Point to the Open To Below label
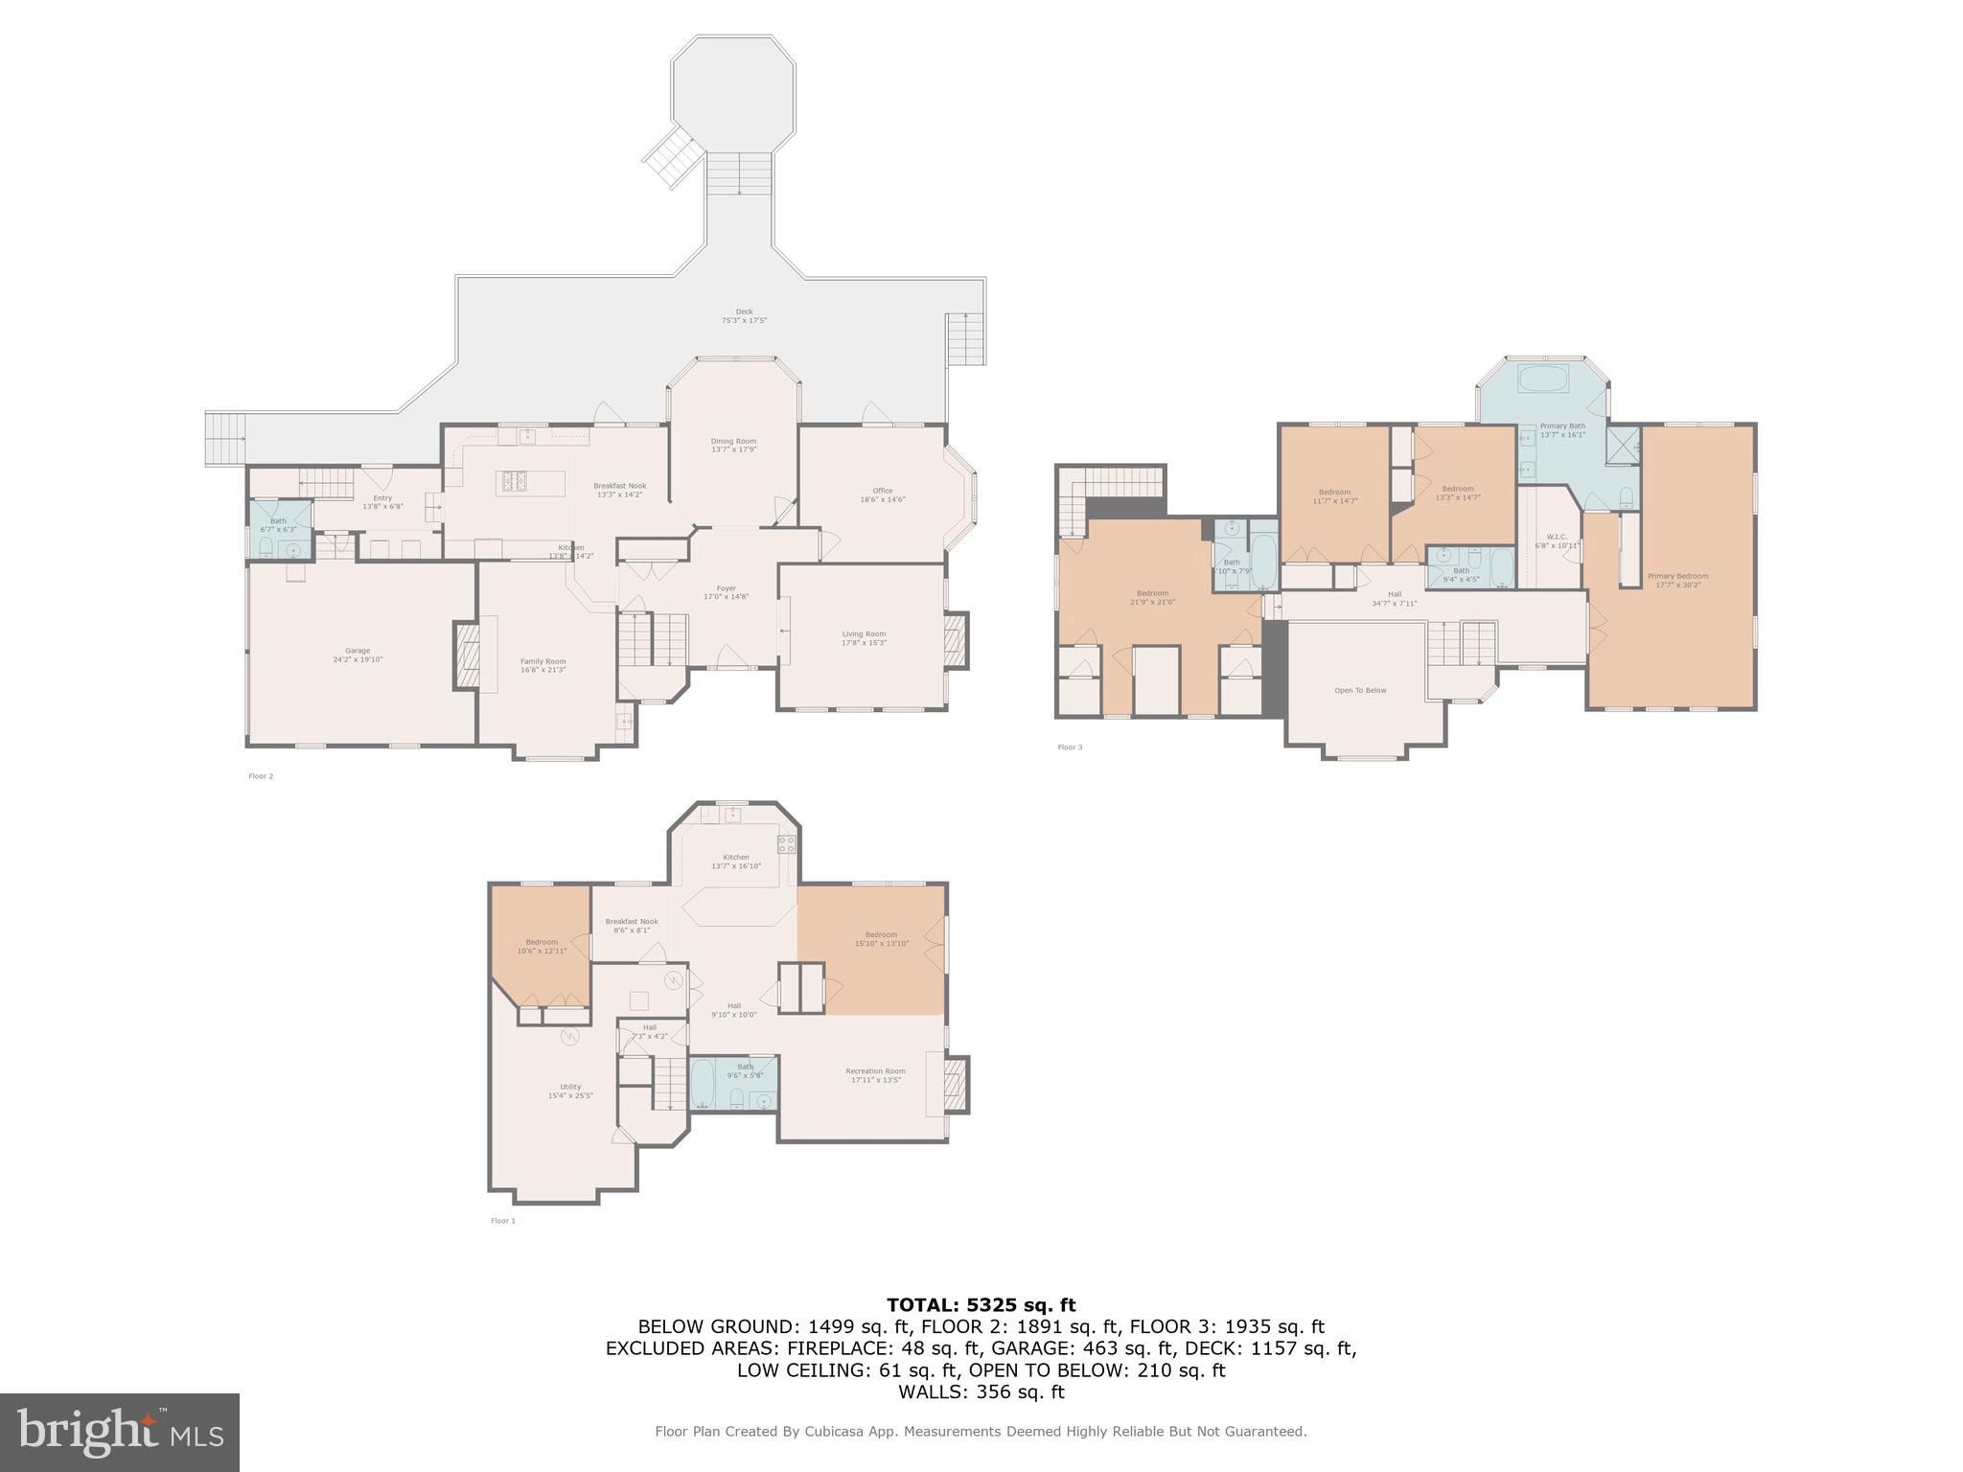coord(1360,690)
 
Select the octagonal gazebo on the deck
coord(733,94)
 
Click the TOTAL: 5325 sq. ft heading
coord(981,1304)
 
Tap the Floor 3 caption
coord(1070,747)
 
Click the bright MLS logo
coord(120,1432)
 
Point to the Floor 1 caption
coord(502,1220)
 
